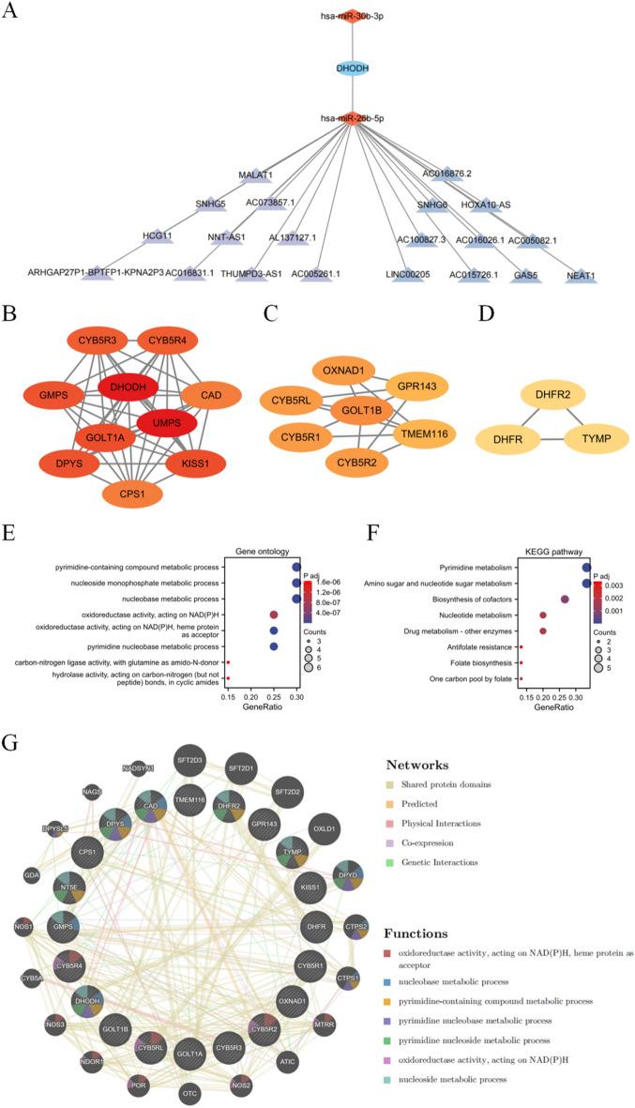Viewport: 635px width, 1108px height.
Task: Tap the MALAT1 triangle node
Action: (254, 175)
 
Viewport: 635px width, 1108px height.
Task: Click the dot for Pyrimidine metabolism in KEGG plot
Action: (587, 567)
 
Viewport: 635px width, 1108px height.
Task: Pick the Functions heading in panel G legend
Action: (421, 934)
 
